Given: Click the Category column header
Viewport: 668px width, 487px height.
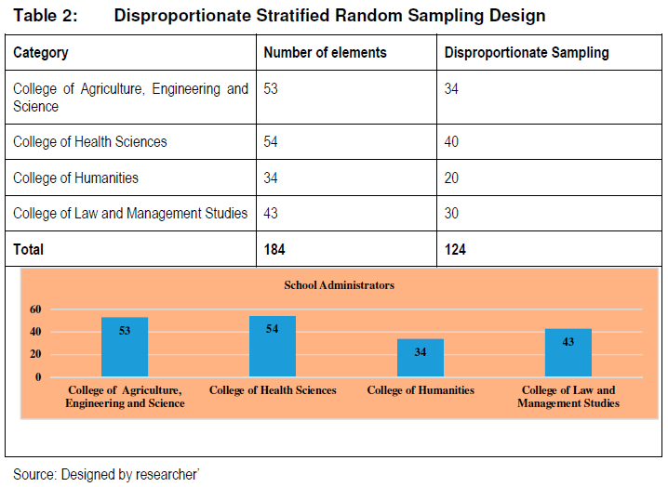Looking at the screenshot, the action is click(41, 52).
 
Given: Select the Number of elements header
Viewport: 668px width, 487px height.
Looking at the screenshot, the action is click(325, 52).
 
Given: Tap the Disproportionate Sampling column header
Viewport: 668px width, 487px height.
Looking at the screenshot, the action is click(527, 52).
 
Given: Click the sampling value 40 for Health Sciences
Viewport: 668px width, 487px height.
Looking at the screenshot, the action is click(451, 141).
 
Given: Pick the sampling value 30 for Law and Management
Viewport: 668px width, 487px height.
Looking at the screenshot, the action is click(451, 213).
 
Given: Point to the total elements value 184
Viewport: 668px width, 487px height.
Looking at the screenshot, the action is click(274, 249).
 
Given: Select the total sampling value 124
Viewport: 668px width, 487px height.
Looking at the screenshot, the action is click(455, 249).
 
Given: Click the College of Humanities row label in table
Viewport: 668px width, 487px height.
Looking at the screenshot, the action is click(76, 178).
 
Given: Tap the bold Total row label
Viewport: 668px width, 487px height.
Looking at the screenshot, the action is click(28, 249).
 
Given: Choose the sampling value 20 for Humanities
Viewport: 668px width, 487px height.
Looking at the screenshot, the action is click(451, 178).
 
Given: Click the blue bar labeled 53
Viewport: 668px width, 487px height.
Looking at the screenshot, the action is click(125, 347).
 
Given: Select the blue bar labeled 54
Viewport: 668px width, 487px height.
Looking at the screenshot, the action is click(273, 346).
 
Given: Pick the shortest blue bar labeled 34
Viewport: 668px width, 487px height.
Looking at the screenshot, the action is click(420, 358).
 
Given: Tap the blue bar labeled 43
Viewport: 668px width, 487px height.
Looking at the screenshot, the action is click(568, 352).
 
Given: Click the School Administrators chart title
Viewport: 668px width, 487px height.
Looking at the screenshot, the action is click(339, 284).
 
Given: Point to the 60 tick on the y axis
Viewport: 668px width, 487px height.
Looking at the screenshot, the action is click(35, 309).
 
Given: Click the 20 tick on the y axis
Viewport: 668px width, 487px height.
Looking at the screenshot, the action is click(35, 354).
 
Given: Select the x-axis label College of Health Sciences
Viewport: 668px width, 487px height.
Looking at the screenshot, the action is click(273, 390).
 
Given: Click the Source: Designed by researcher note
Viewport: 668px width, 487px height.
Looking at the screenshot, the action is click(106, 474).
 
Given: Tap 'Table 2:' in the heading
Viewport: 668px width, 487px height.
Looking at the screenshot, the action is click(46, 15).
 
